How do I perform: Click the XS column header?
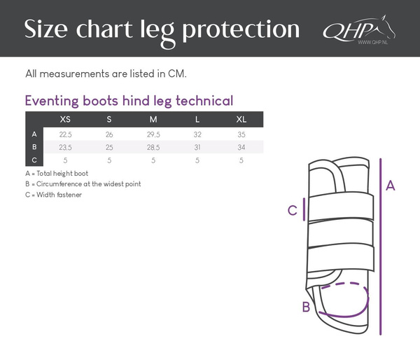tap(65, 119)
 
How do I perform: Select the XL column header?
tap(241, 119)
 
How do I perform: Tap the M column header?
tap(153, 119)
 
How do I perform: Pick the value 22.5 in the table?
tap(65, 134)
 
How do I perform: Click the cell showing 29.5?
tap(153, 134)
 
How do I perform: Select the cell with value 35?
tap(241, 134)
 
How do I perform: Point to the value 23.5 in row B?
tap(65, 147)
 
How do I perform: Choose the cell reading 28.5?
tap(153, 147)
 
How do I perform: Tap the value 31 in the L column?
tap(197, 147)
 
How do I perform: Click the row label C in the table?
tap(34, 160)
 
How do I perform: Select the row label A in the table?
tap(34, 134)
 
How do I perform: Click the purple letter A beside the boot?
tap(391, 186)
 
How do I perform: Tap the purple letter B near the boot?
tap(306, 307)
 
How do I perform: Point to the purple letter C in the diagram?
tap(293, 209)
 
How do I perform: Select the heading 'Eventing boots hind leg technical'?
tap(129, 100)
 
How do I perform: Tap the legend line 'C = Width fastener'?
tap(53, 194)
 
